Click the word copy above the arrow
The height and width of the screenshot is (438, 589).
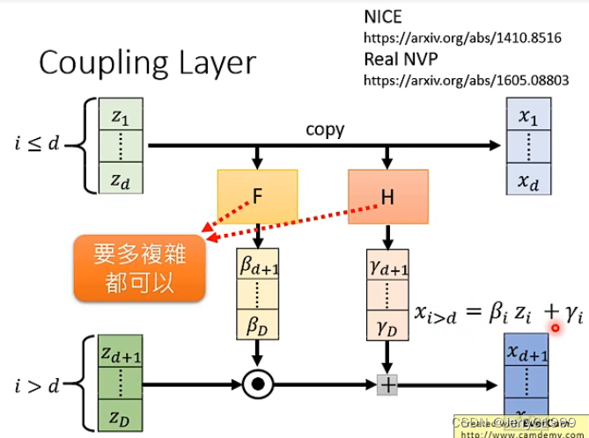pyautogui.click(x=325, y=129)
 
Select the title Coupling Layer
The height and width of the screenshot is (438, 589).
pyautogui.click(x=147, y=63)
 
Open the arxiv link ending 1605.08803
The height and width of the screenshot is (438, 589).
pyautogui.click(x=466, y=79)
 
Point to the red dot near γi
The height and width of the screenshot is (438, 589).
pyautogui.click(x=555, y=328)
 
